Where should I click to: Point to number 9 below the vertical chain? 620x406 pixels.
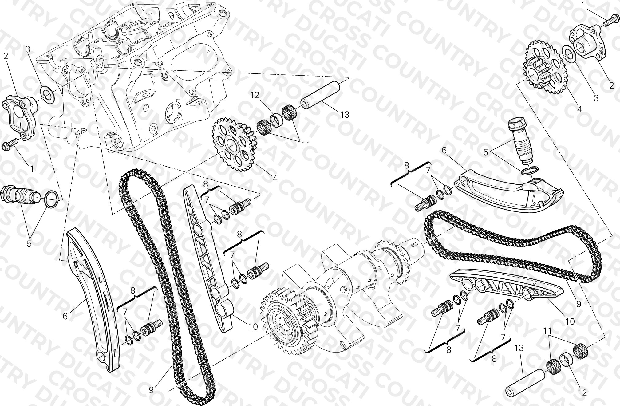(x=151, y=390)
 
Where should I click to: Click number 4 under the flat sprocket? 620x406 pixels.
(x=275, y=178)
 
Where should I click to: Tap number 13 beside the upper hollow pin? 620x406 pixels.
(x=345, y=115)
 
